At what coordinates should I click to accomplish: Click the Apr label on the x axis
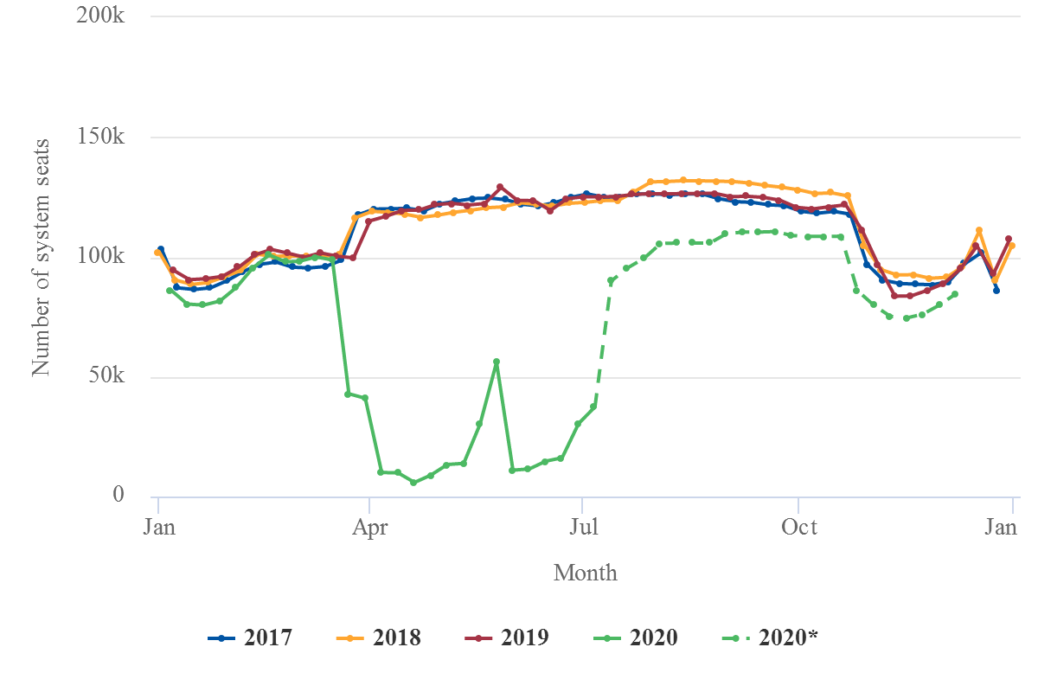(370, 528)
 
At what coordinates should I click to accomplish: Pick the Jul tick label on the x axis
(582, 528)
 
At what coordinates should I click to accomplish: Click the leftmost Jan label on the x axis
(159, 528)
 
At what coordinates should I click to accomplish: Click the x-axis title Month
(586, 573)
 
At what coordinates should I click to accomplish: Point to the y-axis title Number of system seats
(41, 256)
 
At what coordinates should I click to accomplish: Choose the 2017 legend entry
(250, 638)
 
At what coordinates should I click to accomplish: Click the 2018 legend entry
(378, 638)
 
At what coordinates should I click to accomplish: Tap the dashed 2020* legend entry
(770, 638)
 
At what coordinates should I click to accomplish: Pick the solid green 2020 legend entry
(636, 638)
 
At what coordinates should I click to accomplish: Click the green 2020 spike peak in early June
(496, 362)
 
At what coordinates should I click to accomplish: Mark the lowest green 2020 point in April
(413, 483)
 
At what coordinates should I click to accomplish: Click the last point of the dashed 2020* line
(955, 294)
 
